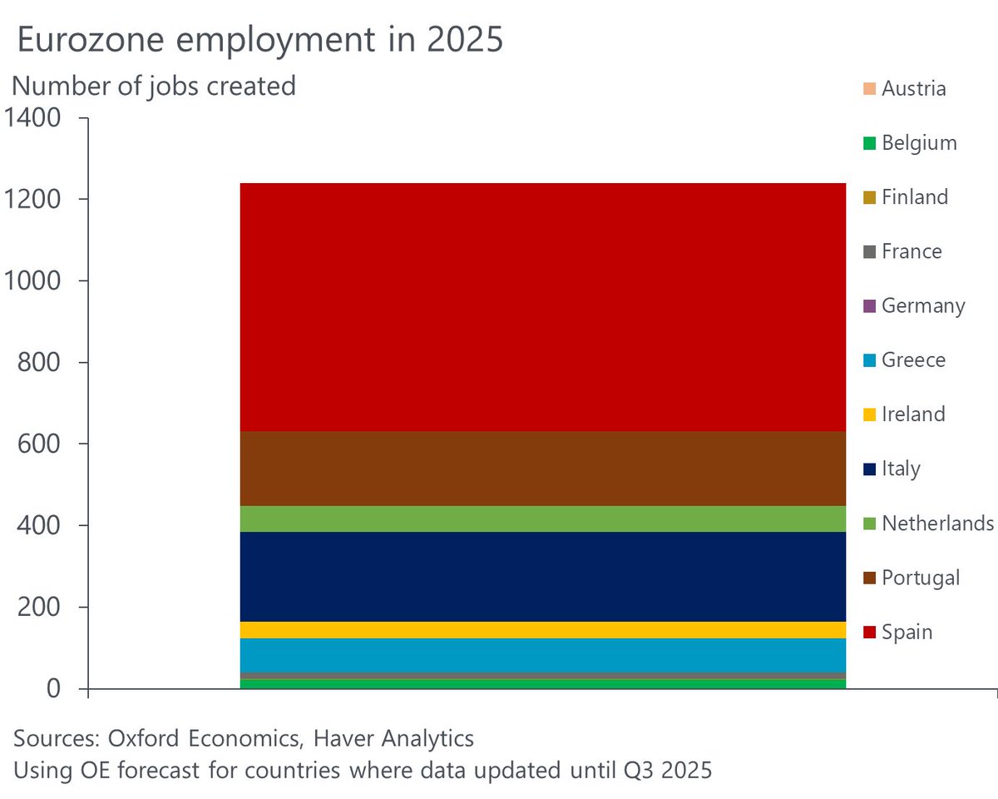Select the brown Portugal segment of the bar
click(542, 468)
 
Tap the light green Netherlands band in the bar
click(542, 519)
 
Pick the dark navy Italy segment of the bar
click(542, 576)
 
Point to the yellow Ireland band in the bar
click(542, 629)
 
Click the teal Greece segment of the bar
click(542, 654)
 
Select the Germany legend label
click(923, 305)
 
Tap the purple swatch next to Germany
click(869, 306)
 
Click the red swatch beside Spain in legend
click(869, 633)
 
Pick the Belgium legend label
click(919, 143)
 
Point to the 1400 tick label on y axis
click(32, 118)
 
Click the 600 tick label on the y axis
click(39, 444)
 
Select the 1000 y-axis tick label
click(32, 281)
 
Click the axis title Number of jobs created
click(154, 85)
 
